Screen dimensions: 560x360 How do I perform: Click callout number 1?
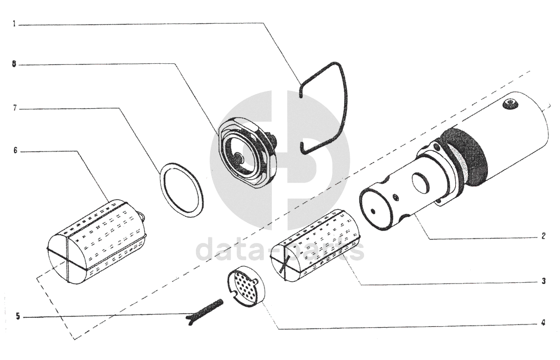[14, 24]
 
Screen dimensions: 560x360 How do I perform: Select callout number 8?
[14, 64]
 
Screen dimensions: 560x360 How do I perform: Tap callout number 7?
[14, 108]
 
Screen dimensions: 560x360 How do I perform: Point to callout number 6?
[16, 151]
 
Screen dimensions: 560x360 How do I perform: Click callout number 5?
[18, 316]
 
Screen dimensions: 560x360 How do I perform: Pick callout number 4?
[543, 323]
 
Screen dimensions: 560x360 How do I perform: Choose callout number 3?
[543, 281]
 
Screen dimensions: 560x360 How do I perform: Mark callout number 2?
[543, 236]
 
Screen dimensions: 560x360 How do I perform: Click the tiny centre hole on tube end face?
[374, 211]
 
